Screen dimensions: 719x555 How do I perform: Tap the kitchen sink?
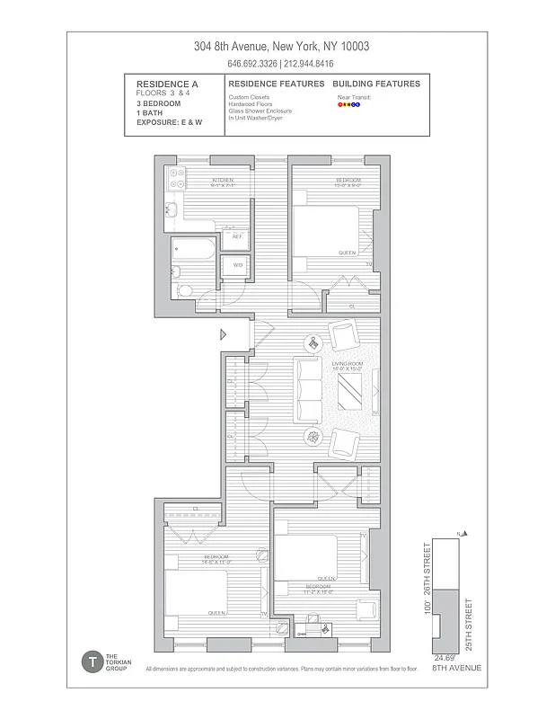click(x=170, y=212)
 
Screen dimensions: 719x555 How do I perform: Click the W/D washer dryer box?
click(x=237, y=265)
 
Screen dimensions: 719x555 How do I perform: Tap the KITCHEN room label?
click(x=223, y=180)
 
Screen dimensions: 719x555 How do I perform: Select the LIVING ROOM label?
click(x=346, y=364)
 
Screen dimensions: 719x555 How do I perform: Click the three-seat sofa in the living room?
click(x=310, y=390)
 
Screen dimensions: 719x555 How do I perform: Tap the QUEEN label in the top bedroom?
click(x=347, y=253)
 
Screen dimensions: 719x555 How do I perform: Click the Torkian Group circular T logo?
click(x=91, y=662)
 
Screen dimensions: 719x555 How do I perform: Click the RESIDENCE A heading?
click(x=161, y=84)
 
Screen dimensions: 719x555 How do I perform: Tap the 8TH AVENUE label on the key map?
click(x=456, y=669)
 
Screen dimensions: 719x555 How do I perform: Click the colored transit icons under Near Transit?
click(x=348, y=104)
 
